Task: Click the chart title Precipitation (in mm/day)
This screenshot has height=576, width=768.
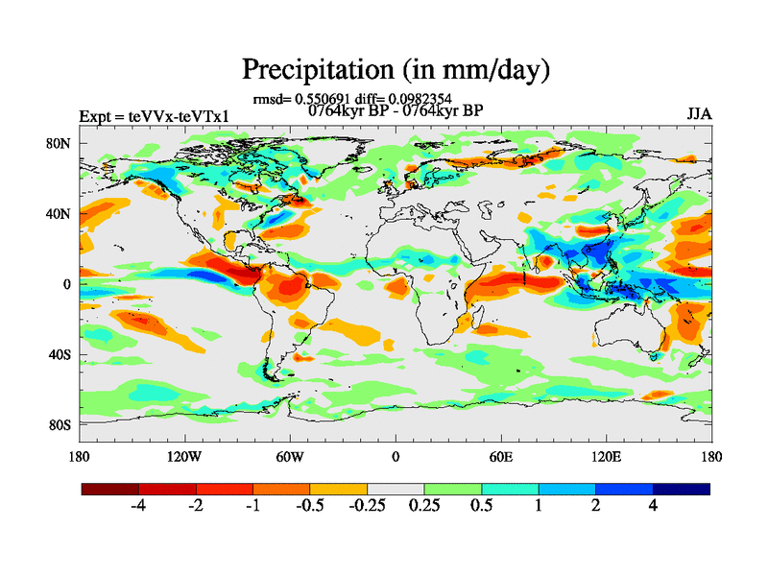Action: (x=396, y=69)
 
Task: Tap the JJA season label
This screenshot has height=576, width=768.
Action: (x=699, y=115)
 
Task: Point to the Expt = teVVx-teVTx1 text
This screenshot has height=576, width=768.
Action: (x=154, y=116)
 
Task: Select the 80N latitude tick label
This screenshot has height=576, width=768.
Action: (x=60, y=143)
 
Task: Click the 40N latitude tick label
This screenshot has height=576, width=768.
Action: (x=60, y=213)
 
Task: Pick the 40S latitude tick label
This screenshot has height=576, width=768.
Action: (x=60, y=354)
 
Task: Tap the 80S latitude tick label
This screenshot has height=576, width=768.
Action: (x=60, y=424)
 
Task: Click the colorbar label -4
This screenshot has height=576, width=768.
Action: (x=139, y=506)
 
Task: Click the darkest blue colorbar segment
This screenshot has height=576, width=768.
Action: (x=682, y=489)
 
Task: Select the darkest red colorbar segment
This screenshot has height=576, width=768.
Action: (x=110, y=489)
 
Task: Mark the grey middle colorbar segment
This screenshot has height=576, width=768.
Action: (x=396, y=489)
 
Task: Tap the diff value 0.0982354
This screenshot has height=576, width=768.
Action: (x=418, y=98)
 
